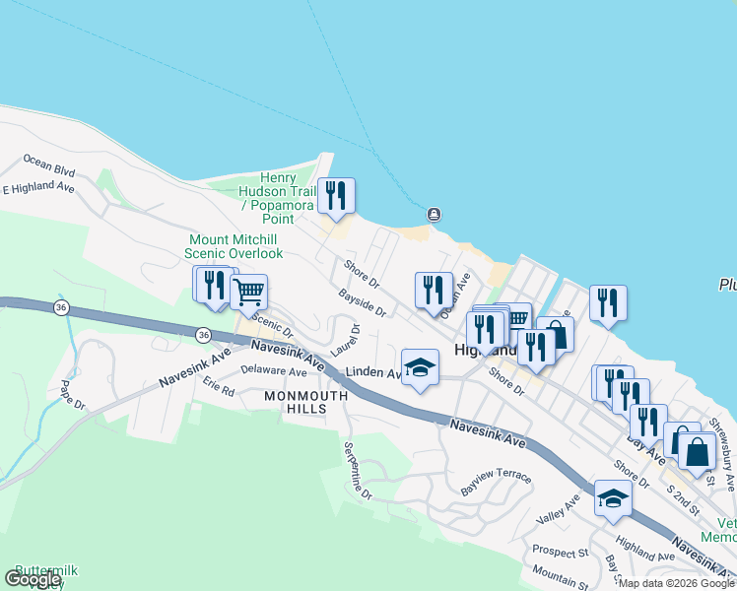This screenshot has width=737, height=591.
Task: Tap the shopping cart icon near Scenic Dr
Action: [x=249, y=291]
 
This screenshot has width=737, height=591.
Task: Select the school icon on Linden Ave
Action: [x=421, y=367]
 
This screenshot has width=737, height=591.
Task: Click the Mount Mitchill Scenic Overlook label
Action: [x=234, y=246]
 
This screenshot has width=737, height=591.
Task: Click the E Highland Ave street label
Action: [x=39, y=187]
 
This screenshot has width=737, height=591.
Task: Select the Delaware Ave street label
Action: [x=274, y=372]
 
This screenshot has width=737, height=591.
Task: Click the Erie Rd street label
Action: [x=219, y=390]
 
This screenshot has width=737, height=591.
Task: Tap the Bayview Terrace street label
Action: [x=496, y=483]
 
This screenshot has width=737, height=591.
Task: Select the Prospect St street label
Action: [x=560, y=552]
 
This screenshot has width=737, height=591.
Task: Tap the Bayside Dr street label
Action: [x=362, y=302]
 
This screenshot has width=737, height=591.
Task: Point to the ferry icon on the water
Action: [x=433, y=215]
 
